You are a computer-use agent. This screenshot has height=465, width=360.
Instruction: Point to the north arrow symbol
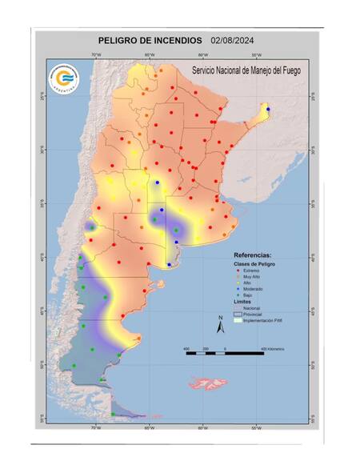coord(221,324)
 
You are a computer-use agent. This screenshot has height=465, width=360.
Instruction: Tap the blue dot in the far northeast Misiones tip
coord(268,110)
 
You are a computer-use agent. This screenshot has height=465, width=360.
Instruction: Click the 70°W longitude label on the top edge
coord(96,55)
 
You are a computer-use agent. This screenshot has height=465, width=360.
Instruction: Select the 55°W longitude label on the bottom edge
coord(257,429)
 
